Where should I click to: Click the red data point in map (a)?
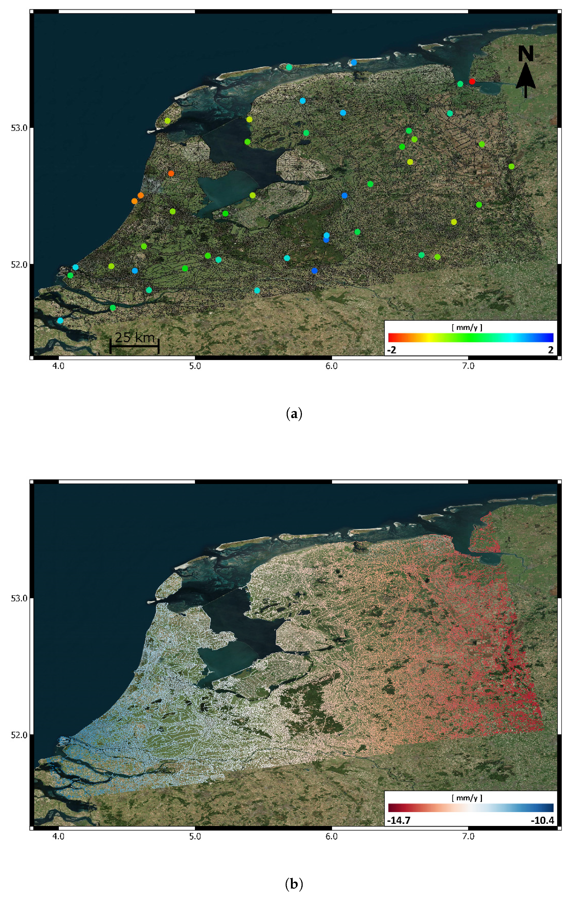click(472, 81)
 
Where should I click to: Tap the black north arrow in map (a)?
click(526, 81)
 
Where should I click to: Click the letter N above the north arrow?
click(526, 54)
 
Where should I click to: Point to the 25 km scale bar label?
click(135, 337)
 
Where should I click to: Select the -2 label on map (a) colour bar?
click(392, 350)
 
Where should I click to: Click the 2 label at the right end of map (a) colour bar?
click(551, 350)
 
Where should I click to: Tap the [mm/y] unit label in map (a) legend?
click(467, 327)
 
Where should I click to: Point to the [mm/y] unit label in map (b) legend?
click(467, 798)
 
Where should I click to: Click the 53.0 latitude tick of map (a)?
click(19, 128)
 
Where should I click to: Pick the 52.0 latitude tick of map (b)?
click(19, 735)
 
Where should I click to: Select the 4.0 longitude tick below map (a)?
click(59, 366)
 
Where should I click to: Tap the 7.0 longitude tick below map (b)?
click(468, 837)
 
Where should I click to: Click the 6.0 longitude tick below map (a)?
click(332, 366)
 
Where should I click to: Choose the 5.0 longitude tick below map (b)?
click(195, 837)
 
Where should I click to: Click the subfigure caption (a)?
click(294, 414)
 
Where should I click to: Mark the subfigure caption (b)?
click(294, 884)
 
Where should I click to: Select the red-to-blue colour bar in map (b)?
click(471, 808)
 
